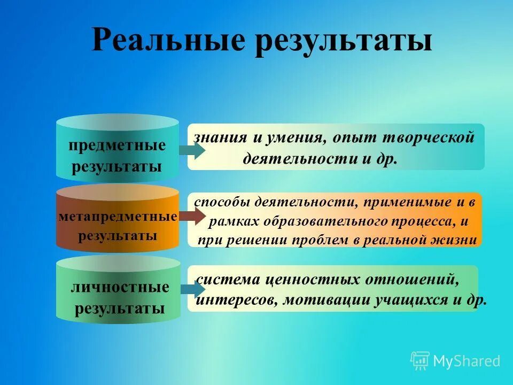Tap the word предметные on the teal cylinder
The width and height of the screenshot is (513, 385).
117,145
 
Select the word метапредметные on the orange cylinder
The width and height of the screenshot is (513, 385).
117,217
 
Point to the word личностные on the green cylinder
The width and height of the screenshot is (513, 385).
120,287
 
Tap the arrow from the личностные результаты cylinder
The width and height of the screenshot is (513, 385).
192,289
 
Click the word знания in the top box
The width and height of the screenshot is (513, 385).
220,137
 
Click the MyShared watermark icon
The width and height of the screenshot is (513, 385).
420,360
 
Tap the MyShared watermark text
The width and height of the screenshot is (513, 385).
466,361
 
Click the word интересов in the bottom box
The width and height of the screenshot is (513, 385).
236,300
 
